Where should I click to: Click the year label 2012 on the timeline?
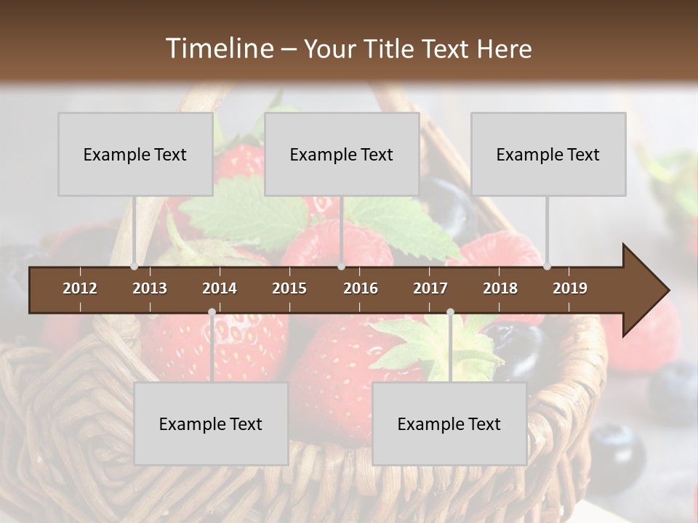click(x=80, y=288)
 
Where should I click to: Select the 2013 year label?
click(x=150, y=288)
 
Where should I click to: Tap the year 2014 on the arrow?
click(x=220, y=288)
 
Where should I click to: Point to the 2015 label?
click(x=289, y=288)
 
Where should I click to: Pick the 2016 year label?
click(x=361, y=288)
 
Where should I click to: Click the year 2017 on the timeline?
click(x=430, y=288)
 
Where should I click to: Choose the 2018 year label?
click(x=500, y=288)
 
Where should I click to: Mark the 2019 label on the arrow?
click(x=570, y=288)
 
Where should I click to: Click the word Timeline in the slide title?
click(x=218, y=49)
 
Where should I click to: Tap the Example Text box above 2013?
click(x=135, y=154)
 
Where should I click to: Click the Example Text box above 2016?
click(x=342, y=154)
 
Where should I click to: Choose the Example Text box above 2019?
click(x=548, y=154)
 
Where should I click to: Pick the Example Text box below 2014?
click(x=211, y=423)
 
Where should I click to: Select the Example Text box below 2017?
click(x=449, y=423)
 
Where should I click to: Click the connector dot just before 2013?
click(x=134, y=267)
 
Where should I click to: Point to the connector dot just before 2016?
click(x=342, y=267)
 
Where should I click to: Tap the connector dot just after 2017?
click(x=450, y=312)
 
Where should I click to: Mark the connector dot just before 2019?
click(x=547, y=267)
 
